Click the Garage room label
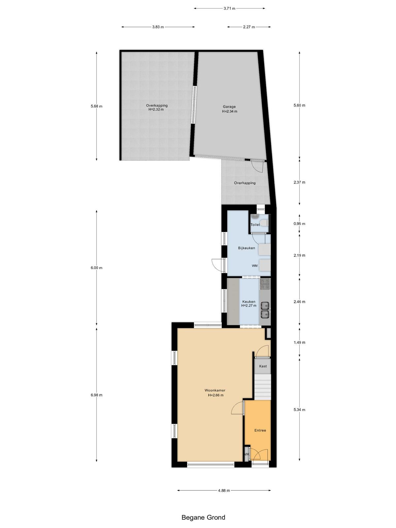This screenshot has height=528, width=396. [229, 107]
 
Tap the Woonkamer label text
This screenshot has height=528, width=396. [215, 390]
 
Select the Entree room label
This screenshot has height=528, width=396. [260, 430]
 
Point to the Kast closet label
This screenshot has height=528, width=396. [263, 366]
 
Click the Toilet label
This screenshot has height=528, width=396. [255, 225]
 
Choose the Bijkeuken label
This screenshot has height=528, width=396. [247, 248]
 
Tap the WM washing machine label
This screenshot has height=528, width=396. [255, 266]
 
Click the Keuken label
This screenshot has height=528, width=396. [248, 302]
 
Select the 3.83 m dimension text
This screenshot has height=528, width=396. [158, 27]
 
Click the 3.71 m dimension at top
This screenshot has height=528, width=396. [229, 9]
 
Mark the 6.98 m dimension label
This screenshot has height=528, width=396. [96, 395]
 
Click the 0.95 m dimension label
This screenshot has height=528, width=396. [299, 224]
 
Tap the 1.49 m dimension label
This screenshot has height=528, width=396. [299, 343]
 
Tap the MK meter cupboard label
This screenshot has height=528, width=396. [247, 454]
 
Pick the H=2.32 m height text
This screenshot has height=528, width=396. [156, 110]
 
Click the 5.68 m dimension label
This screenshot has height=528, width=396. [96, 106]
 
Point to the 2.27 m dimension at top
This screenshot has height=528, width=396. [249, 27]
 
